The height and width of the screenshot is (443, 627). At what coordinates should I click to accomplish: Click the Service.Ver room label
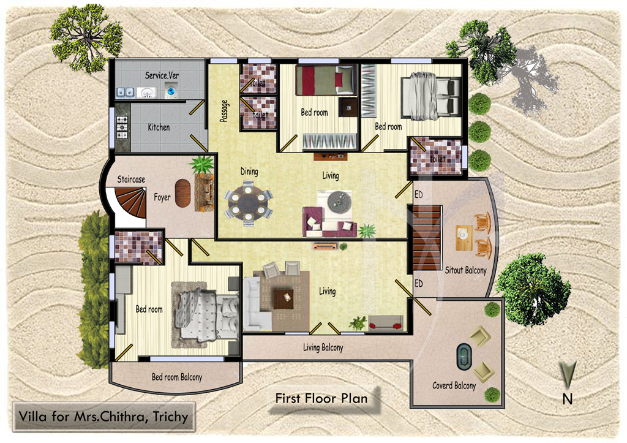(162, 75)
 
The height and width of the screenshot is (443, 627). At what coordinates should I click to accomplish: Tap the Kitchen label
(159, 127)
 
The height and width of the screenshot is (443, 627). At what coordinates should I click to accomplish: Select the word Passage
(224, 111)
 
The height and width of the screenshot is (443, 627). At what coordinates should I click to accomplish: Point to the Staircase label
(131, 180)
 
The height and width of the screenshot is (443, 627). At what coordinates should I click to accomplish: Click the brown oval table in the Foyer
(182, 193)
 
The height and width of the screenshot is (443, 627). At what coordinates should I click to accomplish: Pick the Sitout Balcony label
(466, 270)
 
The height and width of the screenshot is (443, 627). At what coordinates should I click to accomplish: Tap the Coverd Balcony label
(454, 385)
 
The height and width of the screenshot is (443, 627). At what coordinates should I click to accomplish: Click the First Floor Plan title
(321, 398)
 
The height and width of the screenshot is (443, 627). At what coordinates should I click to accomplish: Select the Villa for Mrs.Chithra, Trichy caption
(103, 417)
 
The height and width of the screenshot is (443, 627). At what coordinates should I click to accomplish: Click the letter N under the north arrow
(568, 399)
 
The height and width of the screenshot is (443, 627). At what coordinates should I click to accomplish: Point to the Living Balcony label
(323, 347)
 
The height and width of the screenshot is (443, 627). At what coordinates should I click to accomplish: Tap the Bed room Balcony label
(177, 377)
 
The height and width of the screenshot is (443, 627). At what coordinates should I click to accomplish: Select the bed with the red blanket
(326, 80)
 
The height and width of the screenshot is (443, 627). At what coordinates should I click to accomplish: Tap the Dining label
(249, 172)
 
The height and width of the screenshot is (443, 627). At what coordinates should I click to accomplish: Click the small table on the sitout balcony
(464, 238)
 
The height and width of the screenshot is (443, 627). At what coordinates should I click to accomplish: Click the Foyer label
(162, 197)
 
